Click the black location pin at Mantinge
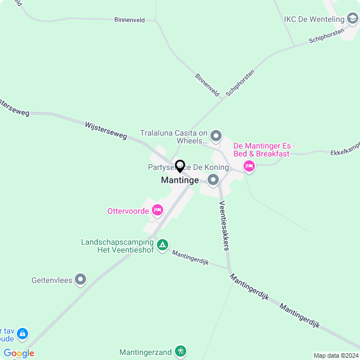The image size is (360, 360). point(180,166)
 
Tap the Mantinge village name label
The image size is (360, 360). point(180,181)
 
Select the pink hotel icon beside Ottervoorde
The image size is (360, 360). point(157,210)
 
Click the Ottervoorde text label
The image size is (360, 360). point(128,211)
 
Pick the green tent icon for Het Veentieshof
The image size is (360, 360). point(162,245)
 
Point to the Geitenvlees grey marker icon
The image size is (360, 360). point(81,279)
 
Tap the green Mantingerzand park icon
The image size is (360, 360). point(180,352)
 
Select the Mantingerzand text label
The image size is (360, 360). point(145,353)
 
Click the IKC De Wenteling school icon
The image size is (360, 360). point(353,20)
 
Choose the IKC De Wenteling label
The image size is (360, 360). point(314,20)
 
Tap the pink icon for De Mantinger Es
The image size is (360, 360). point(249,166)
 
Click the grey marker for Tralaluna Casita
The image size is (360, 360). point(216,136)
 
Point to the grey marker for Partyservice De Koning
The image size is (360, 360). point(213,180)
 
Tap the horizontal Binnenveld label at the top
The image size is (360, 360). point(129,20)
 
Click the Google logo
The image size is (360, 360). point(19,353)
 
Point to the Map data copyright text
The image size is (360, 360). point(335,355)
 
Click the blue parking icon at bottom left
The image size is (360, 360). point(22,334)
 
